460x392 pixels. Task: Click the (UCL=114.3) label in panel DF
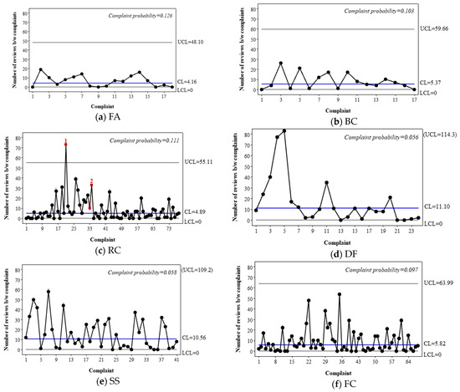438,133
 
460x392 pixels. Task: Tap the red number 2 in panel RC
92,181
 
